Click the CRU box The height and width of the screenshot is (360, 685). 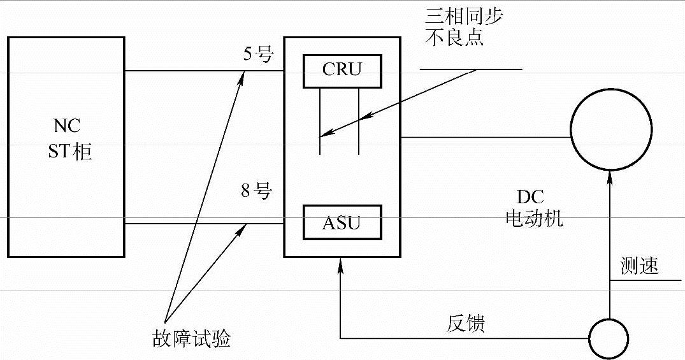(x=342, y=70)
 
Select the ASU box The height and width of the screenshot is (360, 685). (x=342, y=222)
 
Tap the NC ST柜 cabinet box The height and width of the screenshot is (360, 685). (x=66, y=147)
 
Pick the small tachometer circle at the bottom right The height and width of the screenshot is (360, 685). (x=608, y=338)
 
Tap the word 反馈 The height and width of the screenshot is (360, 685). (x=465, y=323)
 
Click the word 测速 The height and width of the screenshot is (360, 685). (x=639, y=266)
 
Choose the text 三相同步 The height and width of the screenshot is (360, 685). (x=464, y=16)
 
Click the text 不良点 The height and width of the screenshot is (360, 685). (x=454, y=37)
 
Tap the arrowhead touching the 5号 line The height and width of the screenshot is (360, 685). (x=242, y=76)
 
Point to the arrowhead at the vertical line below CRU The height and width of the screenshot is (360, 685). (x=323, y=134)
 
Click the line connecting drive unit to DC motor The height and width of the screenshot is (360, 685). (x=484, y=136)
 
